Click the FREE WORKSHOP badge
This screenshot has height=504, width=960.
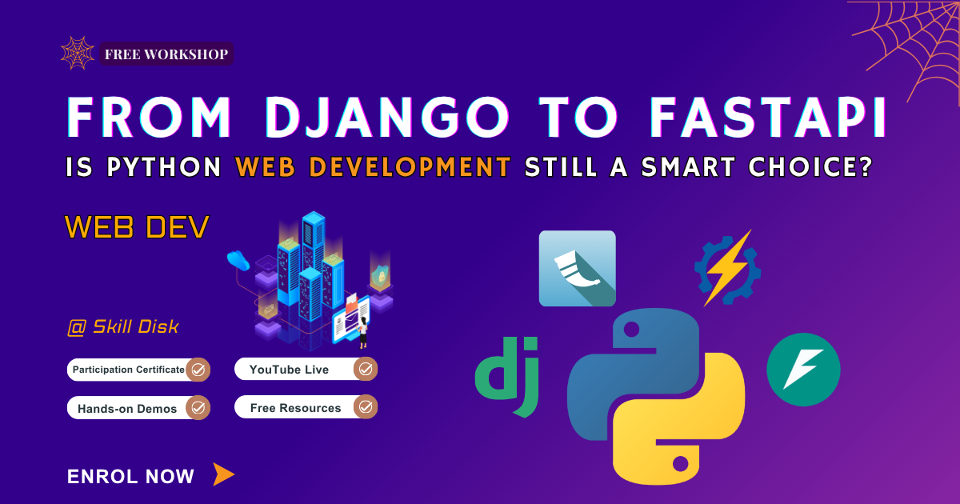[166, 54]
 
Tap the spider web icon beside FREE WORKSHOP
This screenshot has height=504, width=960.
[78, 53]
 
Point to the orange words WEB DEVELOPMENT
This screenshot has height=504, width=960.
[374, 167]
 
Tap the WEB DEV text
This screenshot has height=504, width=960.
[137, 227]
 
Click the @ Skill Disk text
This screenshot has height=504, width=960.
[123, 326]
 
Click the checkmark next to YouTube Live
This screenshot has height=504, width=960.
[366, 370]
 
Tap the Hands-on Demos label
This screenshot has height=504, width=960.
[127, 408]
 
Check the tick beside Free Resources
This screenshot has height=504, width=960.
[366, 407]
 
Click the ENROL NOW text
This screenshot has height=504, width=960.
[130, 477]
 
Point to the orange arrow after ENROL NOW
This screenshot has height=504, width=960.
[223, 474]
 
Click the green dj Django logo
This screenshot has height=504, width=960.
[508, 376]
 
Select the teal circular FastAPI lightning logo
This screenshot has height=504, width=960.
[803, 370]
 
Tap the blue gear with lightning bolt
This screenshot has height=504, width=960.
[726, 268]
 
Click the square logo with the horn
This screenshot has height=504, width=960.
[577, 269]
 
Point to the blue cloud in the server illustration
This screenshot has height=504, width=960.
[238, 259]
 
